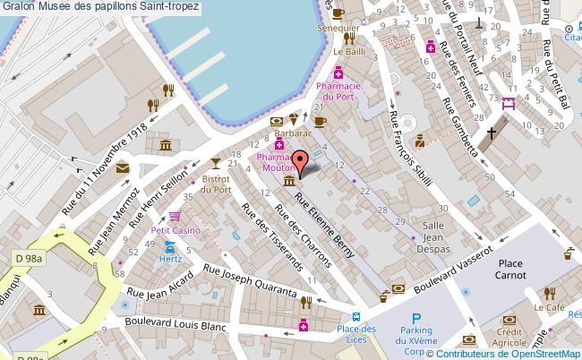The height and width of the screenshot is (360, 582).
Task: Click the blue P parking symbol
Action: (x=415, y=319)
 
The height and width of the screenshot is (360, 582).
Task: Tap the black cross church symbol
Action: (x=491, y=133)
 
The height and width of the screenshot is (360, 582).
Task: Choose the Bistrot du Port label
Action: (x=217, y=184)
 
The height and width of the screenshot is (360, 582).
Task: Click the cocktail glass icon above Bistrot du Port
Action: (x=215, y=162)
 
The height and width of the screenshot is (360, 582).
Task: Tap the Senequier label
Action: (x=344, y=29)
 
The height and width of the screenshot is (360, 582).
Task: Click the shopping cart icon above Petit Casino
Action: (x=175, y=215)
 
